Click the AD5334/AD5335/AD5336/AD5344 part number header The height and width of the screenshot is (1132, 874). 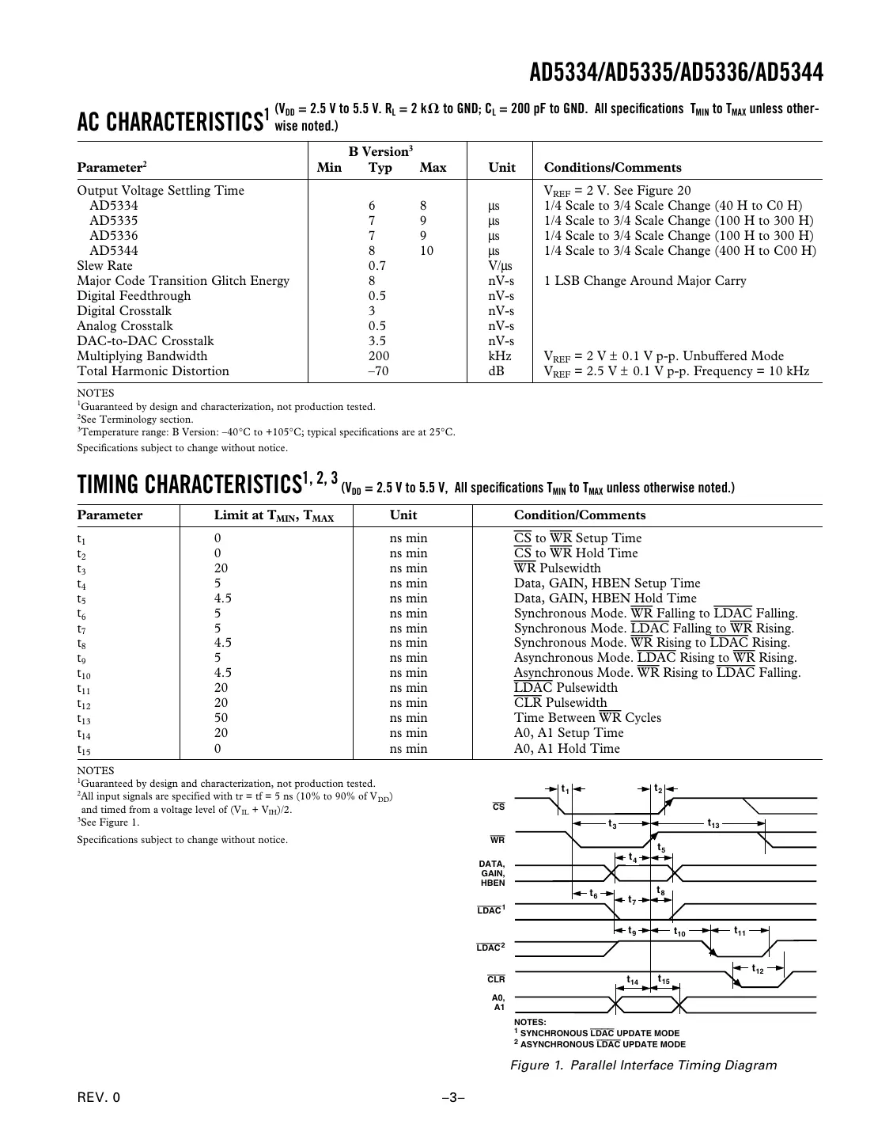point(675,73)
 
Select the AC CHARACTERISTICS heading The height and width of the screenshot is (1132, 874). point(169,122)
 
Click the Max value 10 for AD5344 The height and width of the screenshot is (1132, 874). point(426,251)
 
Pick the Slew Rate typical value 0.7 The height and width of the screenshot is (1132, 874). point(377,266)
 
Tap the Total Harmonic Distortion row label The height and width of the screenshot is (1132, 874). point(153,371)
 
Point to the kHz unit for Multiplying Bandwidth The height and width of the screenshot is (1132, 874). point(500,356)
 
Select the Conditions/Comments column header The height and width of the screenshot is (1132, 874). point(612,168)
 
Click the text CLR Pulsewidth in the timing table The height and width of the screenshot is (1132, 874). point(560,703)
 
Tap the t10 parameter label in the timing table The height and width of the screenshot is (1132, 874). point(84,674)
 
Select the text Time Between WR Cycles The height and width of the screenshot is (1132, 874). point(587,718)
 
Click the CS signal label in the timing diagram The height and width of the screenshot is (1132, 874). point(498,807)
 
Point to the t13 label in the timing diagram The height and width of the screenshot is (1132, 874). point(713,823)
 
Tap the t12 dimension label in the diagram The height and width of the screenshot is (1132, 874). point(758,969)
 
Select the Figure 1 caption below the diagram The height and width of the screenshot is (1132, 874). point(643,1066)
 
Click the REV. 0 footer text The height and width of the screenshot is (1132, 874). point(99,1098)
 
